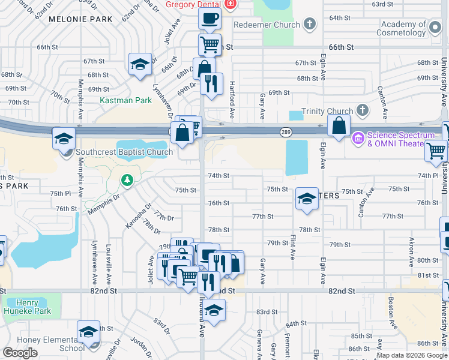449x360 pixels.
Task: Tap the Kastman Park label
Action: click(x=125, y=100)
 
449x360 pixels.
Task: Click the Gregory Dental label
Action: click(x=193, y=4)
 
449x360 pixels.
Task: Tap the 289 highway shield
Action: click(x=285, y=132)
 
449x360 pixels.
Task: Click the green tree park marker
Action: click(x=127, y=179)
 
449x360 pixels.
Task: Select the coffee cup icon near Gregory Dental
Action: click(x=209, y=18)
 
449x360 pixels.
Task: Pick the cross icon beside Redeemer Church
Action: click(x=310, y=25)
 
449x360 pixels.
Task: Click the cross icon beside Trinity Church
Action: click(x=362, y=110)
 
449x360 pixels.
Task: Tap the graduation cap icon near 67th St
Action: click(x=139, y=65)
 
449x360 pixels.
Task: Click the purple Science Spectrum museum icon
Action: click(x=359, y=139)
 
